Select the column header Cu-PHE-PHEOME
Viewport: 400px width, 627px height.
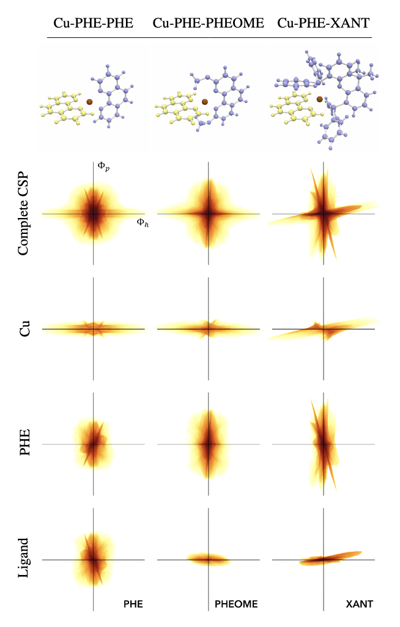click(209, 24)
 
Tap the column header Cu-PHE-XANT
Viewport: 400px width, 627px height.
click(324, 24)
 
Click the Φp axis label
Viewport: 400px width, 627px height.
click(102, 165)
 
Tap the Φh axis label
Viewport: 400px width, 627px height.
click(141, 223)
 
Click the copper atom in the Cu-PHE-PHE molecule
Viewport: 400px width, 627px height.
click(89, 102)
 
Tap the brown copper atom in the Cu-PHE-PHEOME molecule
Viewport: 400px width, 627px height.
click(205, 102)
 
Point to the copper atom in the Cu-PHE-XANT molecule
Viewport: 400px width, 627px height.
click(319, 98)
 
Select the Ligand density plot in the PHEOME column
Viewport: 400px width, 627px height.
click(209, 558)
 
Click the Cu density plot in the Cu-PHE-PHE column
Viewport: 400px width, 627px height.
click(93, 329)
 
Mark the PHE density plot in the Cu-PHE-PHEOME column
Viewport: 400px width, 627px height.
click(209, 444)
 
